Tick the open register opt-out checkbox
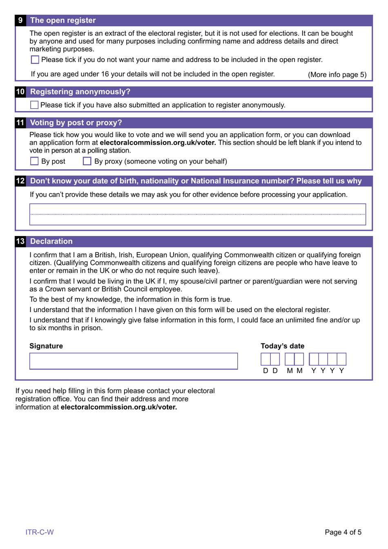[x=35, y=60]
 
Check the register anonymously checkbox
[x=34, y=105]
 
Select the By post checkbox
[x=35, y=161]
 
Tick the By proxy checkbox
[x=87, y=161]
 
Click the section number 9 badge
[x=20, y=20]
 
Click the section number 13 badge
[x=20, y=241]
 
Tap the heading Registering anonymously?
[x=80, y=92]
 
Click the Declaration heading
[x=51, y=241]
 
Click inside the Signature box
[x=133, y=361]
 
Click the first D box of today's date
[x=265, y=360]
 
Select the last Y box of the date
[x=341, y=360]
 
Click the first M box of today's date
[x=290, y=360]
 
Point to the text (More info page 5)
[x=337, y=74]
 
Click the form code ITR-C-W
[x=40, y=532]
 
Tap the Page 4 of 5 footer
[x=343, y=532]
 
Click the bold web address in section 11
[x=158, y=143]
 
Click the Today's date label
[x=283, y=346]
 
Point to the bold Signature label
[x=46, y=346]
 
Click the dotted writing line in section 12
[x=198, y=214]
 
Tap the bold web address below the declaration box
[x=119, y=407]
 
